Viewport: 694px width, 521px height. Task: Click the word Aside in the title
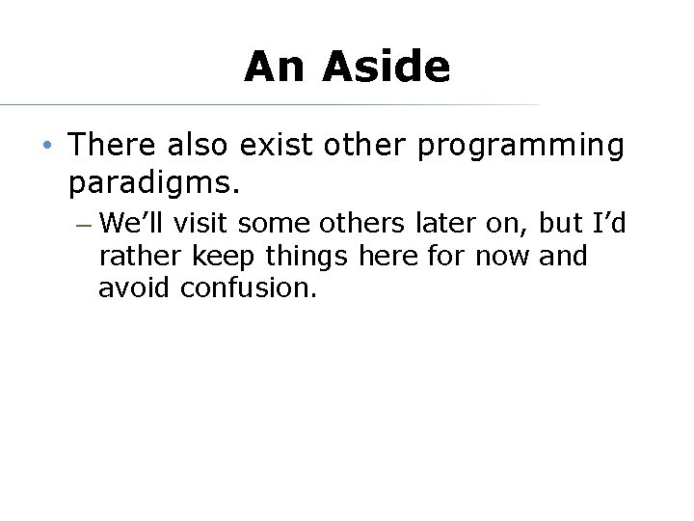[387, 67]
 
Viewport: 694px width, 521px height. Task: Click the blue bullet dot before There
[47, 147]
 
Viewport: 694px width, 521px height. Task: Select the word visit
[201, 224]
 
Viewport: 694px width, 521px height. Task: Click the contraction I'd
[609, 224]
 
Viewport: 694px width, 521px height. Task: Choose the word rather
[141, 257]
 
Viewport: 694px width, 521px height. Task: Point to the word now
[501, 257]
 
